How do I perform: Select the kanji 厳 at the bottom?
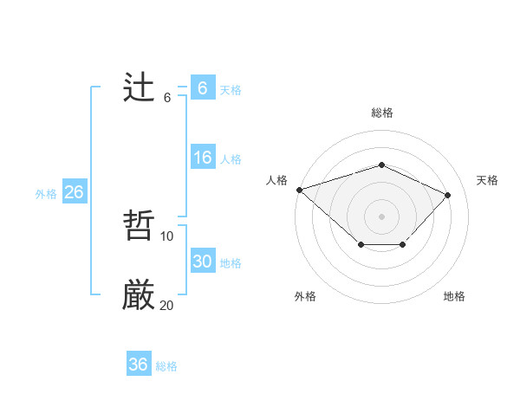(139, 296)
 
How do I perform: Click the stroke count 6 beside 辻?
(167, 97)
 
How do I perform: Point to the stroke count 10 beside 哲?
(167, 236)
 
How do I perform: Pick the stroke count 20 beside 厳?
(167, 305)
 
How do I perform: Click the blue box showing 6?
(202, 88)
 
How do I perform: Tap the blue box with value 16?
(202, 158)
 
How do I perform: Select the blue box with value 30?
(202, 262)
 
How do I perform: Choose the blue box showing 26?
(74, 192)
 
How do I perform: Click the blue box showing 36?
(138, 365)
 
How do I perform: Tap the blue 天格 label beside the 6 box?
(231, 89)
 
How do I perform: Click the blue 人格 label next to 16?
(231, 158)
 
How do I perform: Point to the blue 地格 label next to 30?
(231, 262)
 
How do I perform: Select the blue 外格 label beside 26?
(46, 194)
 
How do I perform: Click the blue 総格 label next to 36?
(166, 366)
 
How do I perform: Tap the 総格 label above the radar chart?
(381, 113)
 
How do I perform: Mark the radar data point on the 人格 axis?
(299, 190)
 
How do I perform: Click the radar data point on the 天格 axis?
(447, 195)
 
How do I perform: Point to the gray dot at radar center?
(381, 216)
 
